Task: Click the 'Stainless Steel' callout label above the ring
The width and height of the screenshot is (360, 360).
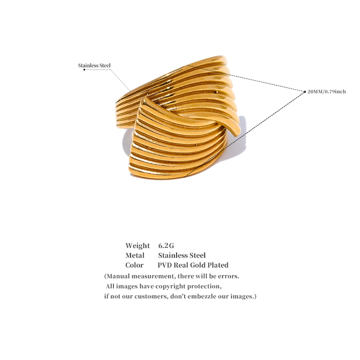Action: point(94,65)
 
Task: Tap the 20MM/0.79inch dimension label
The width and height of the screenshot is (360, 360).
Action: point(327,91)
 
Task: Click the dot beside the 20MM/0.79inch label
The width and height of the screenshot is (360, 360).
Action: point(305,92)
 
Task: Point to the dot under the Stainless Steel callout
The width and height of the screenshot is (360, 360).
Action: point(84,70)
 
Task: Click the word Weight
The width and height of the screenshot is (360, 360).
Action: point(138,246)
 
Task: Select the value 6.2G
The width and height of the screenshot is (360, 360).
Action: point(166,246)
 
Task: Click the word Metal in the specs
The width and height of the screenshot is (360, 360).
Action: point(135,255)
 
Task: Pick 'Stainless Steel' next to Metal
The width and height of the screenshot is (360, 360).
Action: point(182,255)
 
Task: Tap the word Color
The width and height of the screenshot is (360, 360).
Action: point(134,265)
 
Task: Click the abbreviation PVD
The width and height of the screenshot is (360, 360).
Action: point(164,265)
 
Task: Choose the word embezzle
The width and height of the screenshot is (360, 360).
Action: point(202,296)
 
